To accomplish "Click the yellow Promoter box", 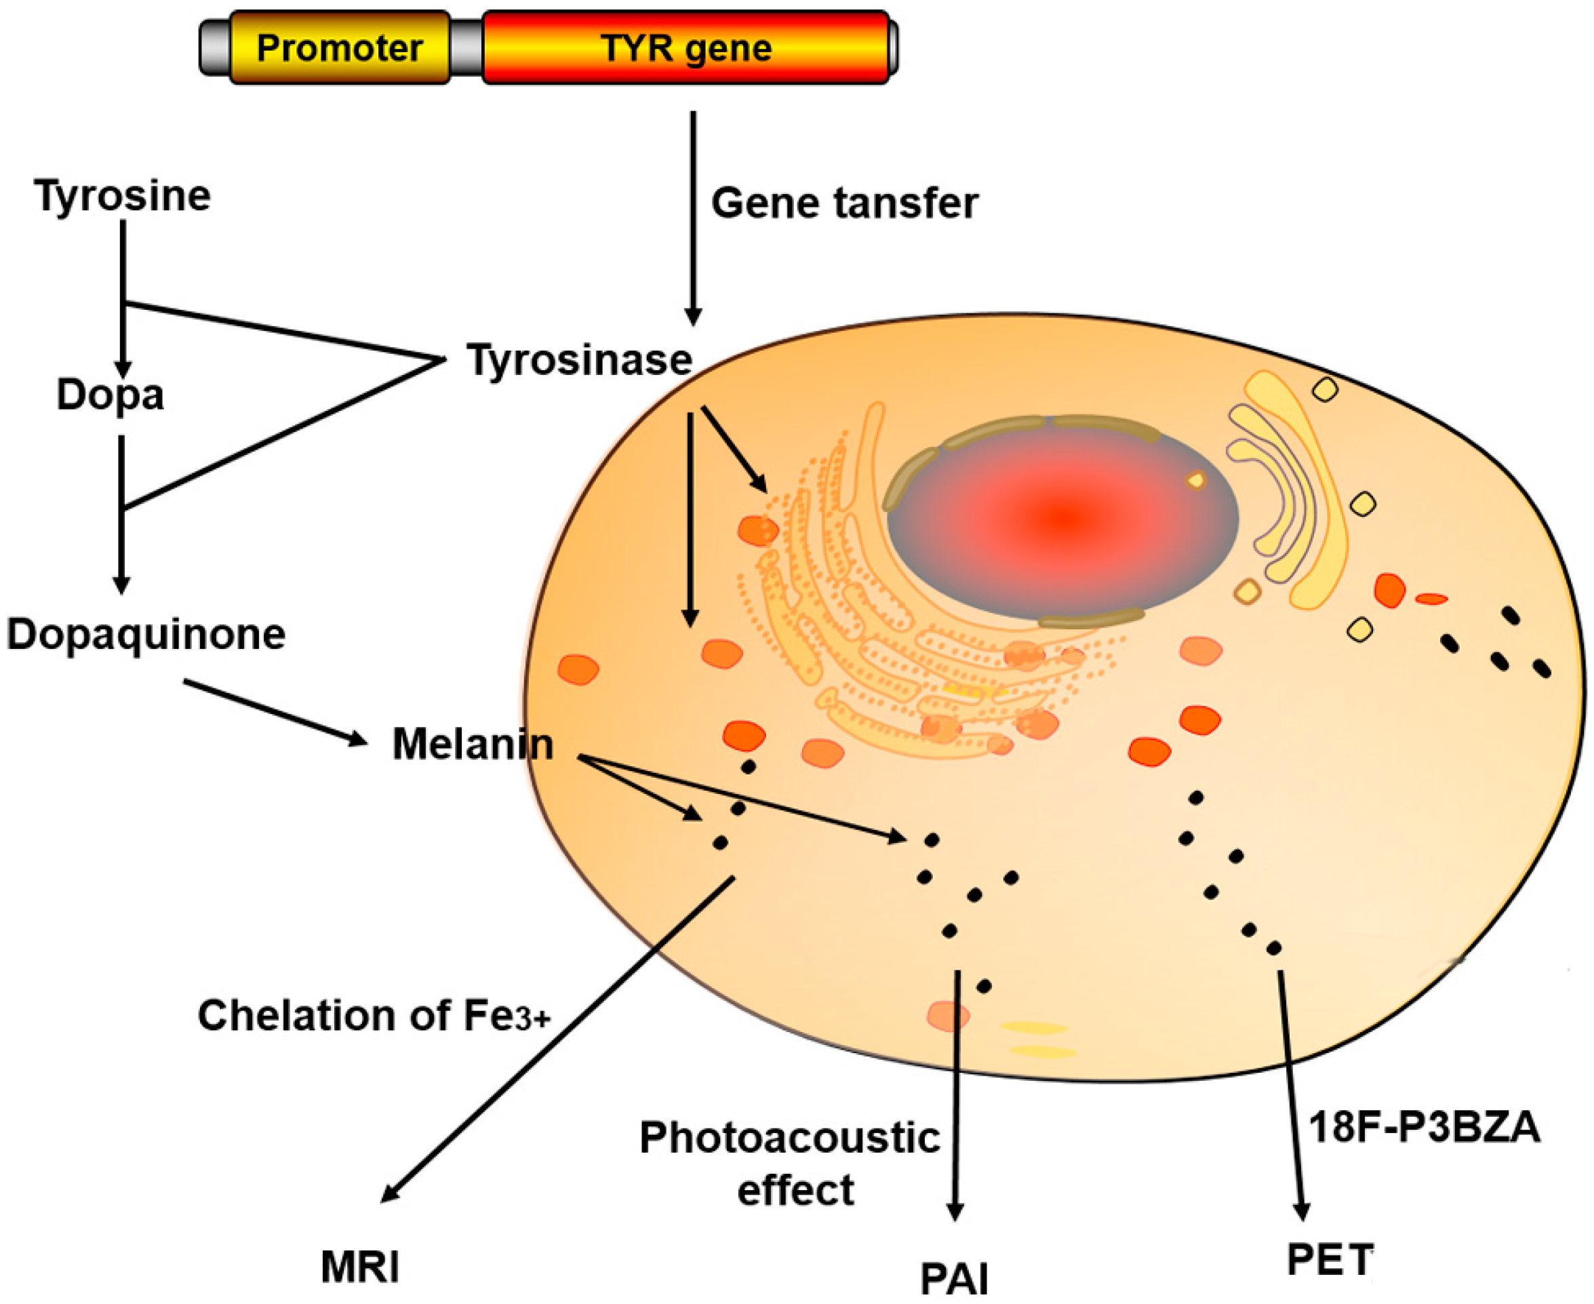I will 340,47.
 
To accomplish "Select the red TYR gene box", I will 685,47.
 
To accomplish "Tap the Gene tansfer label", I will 844,203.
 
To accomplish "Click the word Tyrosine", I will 123,195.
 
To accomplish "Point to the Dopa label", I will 110,395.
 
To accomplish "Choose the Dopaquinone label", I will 146,634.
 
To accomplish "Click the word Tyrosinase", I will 579,360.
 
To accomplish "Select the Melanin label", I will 473,745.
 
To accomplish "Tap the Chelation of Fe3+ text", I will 374,1016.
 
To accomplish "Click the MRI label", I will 360,1267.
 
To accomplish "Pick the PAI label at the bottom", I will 954,1278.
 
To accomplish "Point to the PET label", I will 1330,1259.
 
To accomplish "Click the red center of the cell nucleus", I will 1061,517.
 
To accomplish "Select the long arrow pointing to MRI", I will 556,1040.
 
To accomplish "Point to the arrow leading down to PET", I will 1290,1093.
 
